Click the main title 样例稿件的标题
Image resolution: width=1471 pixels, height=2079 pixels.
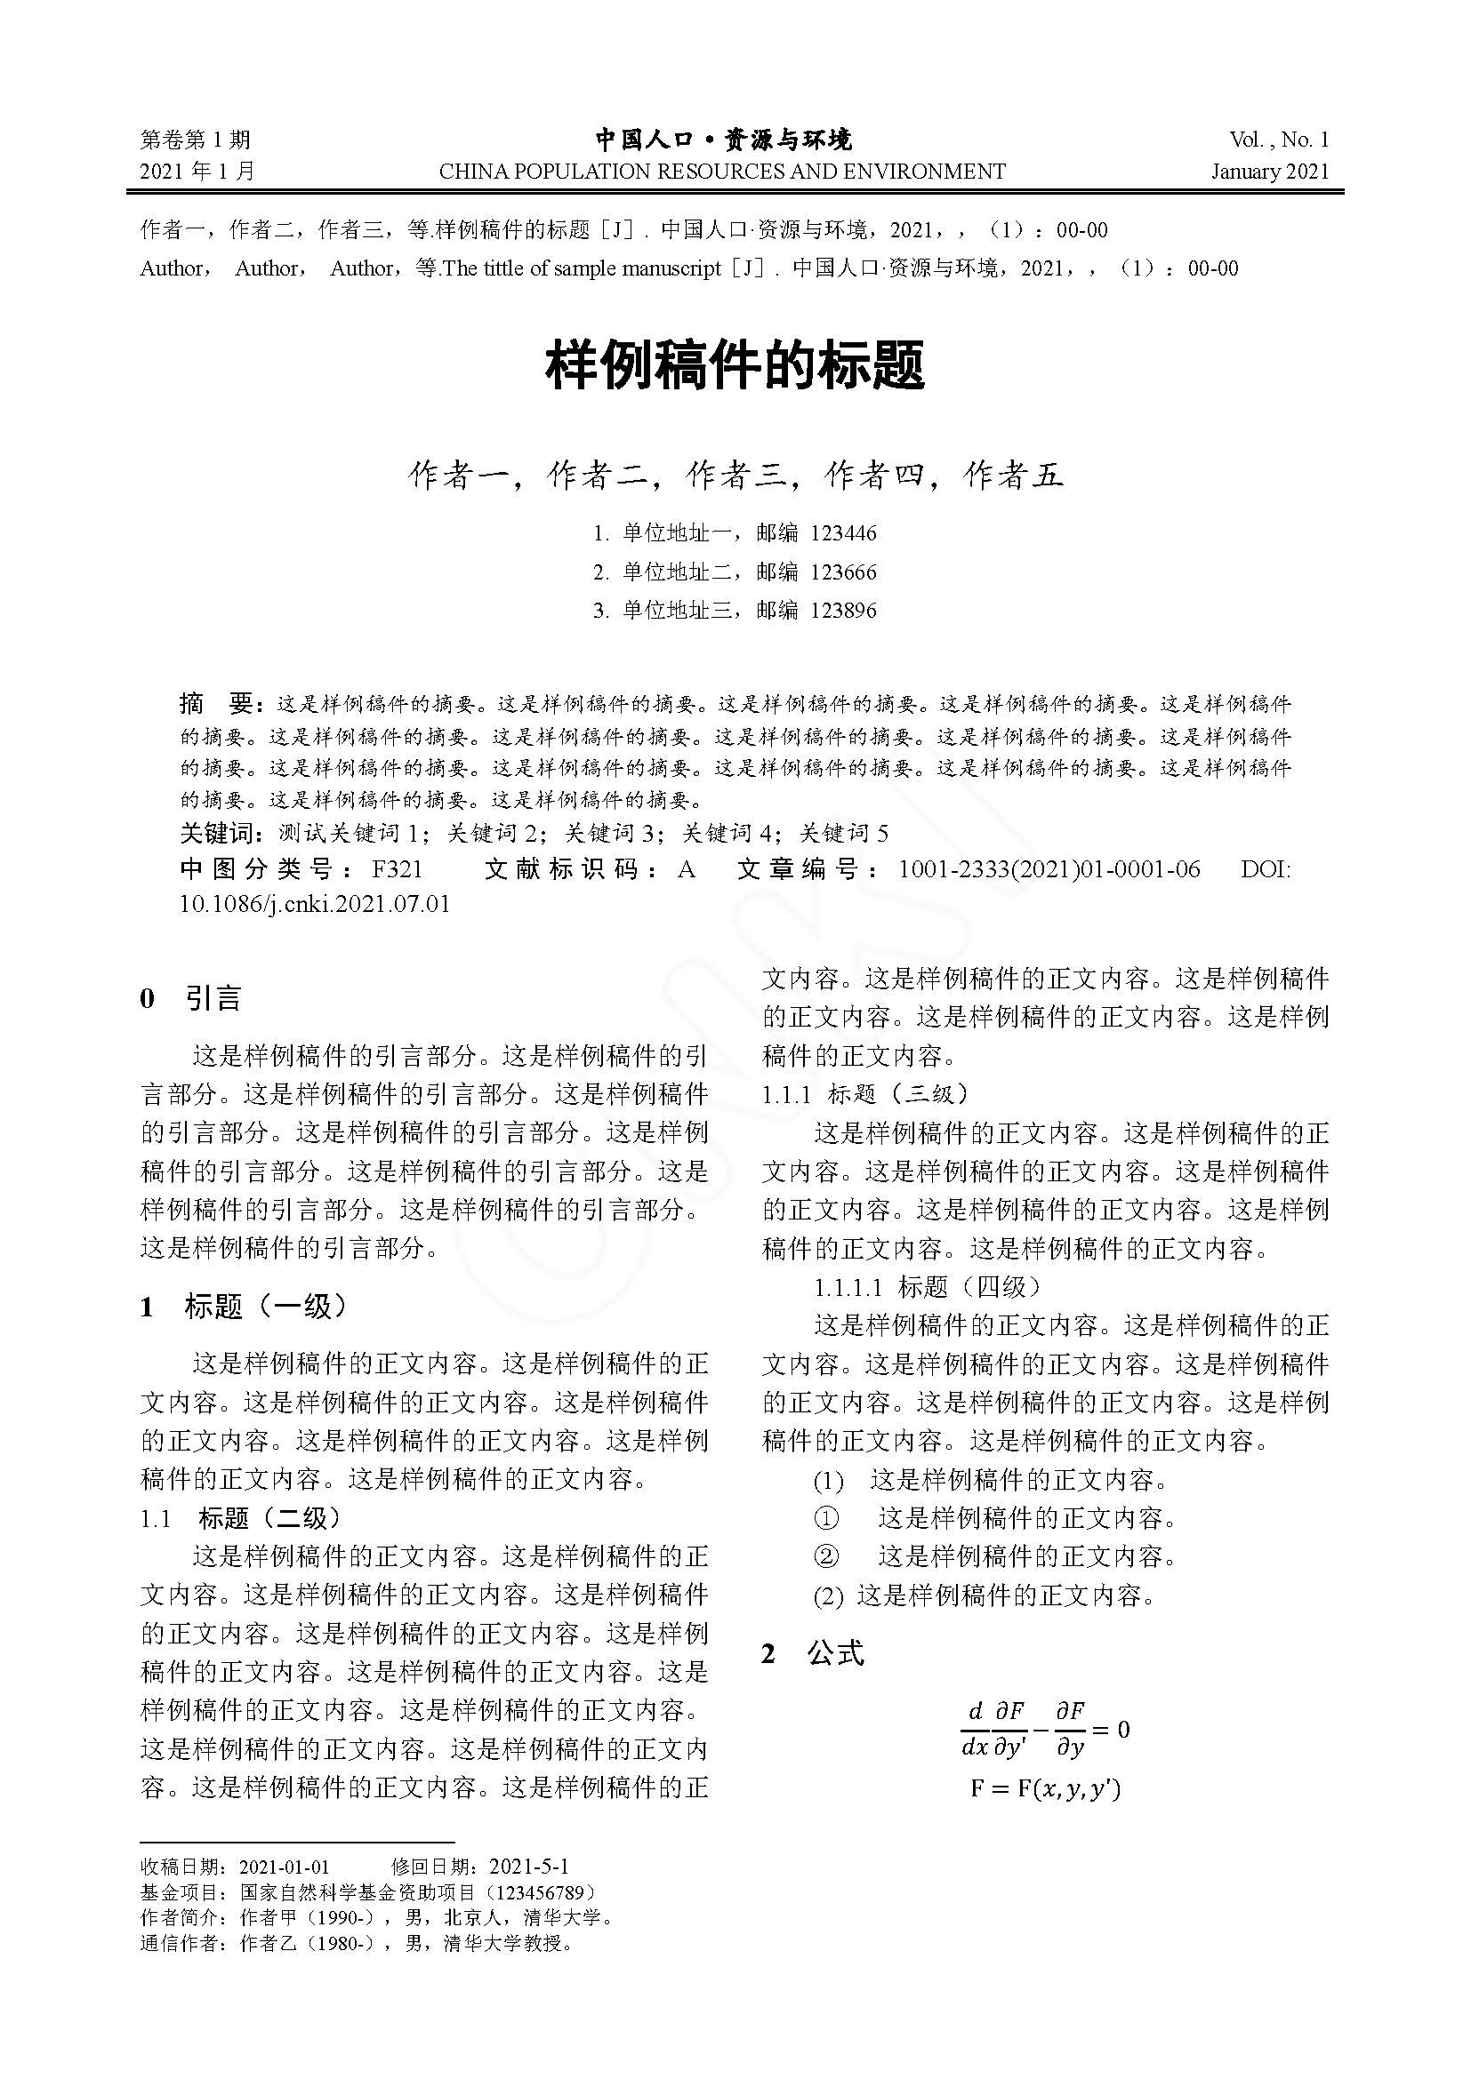[735, 367]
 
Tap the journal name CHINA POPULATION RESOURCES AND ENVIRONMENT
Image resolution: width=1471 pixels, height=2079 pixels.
[722, 172]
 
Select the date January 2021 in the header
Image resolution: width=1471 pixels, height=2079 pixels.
[1270, 172]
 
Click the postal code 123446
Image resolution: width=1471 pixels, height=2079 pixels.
[843, 533]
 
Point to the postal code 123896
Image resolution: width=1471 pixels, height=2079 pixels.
[843, 611]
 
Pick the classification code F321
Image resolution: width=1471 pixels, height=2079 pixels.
[398, 869]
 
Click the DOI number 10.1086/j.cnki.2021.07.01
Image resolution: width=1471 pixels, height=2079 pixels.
[314, 904]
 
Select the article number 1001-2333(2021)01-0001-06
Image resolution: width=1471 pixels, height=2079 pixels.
[1049, 869]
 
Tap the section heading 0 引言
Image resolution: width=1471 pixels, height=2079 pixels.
[191, 999]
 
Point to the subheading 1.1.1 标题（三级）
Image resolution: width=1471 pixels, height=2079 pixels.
[865, 1094]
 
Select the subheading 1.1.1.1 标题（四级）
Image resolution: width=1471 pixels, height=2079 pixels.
[928, 1287]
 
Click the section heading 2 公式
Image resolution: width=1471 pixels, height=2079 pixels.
[814, 1653]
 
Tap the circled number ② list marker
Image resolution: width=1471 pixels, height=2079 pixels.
[826, 1556]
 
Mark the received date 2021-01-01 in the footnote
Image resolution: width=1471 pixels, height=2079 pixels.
[285, 1867]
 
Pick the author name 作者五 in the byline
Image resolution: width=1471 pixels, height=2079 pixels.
[1013, 476]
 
